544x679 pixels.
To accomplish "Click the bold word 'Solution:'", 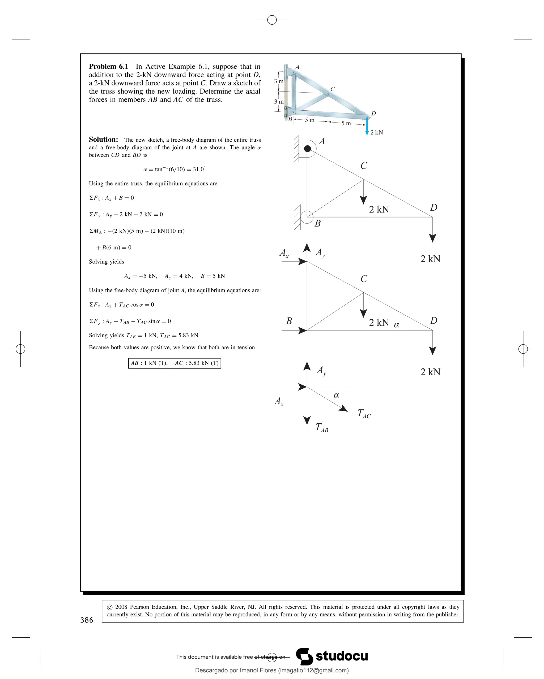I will [103, 140].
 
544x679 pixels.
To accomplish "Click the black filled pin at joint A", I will [307, 149].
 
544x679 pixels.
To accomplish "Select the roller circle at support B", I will [307, 217].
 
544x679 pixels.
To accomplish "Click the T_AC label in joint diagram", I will [364, 414].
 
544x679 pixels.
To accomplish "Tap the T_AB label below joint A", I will [322, 428].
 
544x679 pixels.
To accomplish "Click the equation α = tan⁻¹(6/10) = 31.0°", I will [174, 169].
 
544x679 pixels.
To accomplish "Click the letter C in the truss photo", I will [332, 89].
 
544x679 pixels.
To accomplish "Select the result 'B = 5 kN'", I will [212, 276].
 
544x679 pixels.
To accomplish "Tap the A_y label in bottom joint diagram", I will [321, 371].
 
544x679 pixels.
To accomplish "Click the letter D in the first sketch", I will [433, 207].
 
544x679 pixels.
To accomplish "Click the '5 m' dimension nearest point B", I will [309, 120].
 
